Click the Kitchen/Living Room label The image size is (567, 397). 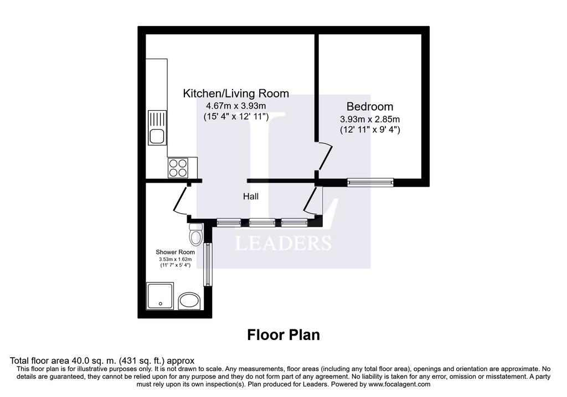point(236,93)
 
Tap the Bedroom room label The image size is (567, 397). point(369,106)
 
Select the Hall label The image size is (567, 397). point(251,197)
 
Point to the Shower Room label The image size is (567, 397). point(175,252)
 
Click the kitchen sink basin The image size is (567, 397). point(157,137)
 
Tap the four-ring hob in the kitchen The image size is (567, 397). point(178,168)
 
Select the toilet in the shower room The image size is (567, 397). point(196,234)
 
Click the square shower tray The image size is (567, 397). point(160,296)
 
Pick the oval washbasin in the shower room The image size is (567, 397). point(189,301)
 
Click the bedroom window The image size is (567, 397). point(370,182)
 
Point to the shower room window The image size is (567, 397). point(208,264)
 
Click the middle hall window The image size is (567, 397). point(262,223)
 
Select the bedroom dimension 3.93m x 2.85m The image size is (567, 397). point(369,119)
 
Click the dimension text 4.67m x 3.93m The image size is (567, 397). point(236,106)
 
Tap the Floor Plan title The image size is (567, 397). point(283,335)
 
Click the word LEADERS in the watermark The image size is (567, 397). point(283,243)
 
